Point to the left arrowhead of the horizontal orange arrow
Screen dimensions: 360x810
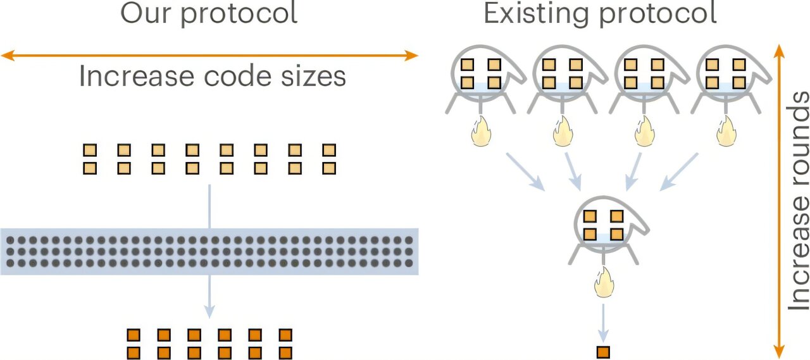point(6,56)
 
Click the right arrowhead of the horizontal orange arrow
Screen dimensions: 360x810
point(413,56)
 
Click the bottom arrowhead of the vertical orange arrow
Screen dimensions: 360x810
point(780,354)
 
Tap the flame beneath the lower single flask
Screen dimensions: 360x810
point(603,283)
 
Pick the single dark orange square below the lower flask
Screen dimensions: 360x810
point(604,351)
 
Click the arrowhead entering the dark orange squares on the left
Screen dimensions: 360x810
point(209,313)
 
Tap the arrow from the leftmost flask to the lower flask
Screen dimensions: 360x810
point(525,171)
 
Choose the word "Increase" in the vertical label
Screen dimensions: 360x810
point(799,256)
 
